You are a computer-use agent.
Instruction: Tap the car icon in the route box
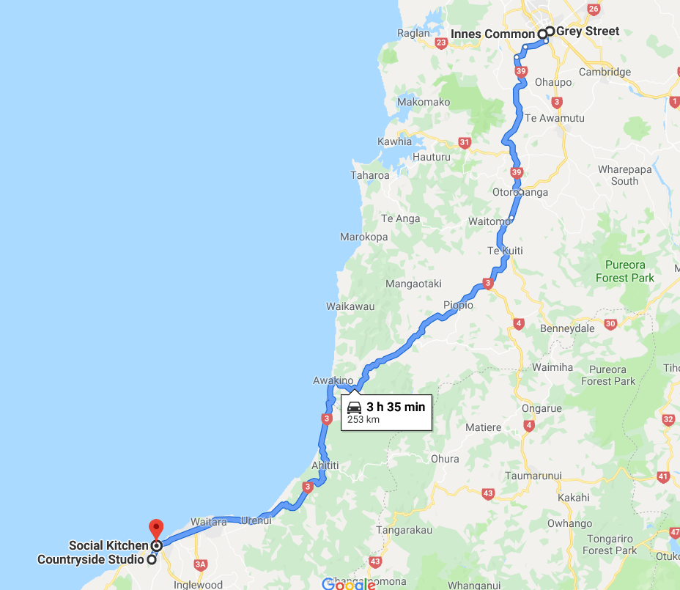(x=354, y=408)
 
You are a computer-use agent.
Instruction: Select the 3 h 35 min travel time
(x=396, y=407)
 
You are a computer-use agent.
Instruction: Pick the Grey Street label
(x=588, y=32)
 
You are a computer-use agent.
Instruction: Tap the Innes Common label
(x=492, y=34)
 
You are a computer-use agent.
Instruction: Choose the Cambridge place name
(x=605, y=72)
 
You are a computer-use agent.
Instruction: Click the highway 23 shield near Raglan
(x=441, y=44)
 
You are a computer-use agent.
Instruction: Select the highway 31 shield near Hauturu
(x=464, y=143)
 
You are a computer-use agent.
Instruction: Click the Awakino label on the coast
(x=333, y=380)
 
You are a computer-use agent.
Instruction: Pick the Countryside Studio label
(x=91, y=560)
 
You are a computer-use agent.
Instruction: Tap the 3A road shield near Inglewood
(x=201, y=564)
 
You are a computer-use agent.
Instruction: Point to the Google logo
(x=349, y=584)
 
